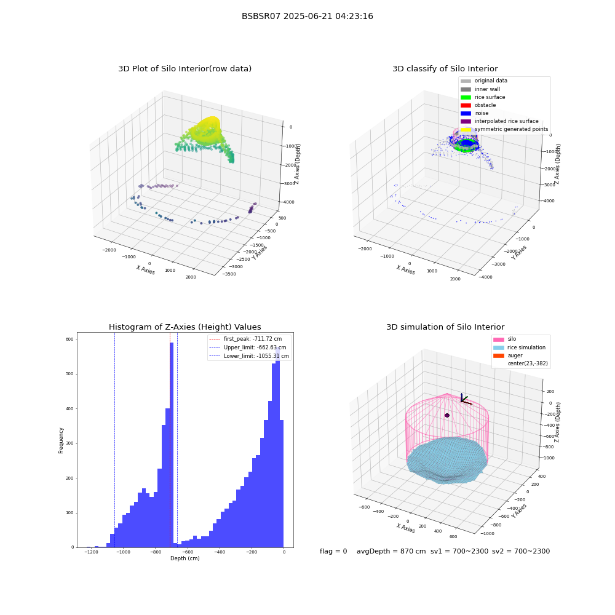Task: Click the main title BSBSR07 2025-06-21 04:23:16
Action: coord(307,17)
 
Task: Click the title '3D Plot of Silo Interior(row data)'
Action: coord(184,69)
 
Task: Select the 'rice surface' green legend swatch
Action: coord(466,97)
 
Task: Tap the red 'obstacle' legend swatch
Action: coord(466,105)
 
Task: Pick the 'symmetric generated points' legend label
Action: coord(511,129)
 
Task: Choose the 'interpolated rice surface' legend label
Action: coord(506,121)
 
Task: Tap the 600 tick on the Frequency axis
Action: coord(69,339)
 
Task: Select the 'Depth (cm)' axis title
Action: coord(185,558)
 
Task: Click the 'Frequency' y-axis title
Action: coord(61,440)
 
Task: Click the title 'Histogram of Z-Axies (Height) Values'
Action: coord(184,327)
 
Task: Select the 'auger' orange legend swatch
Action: coord(499,355)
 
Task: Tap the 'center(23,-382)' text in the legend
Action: coord(528,363)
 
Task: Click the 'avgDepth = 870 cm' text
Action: coord(391,551)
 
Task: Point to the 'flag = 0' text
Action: coord(333,551)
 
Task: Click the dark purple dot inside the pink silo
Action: coord(447,415)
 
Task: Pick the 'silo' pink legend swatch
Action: coord(499,339)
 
